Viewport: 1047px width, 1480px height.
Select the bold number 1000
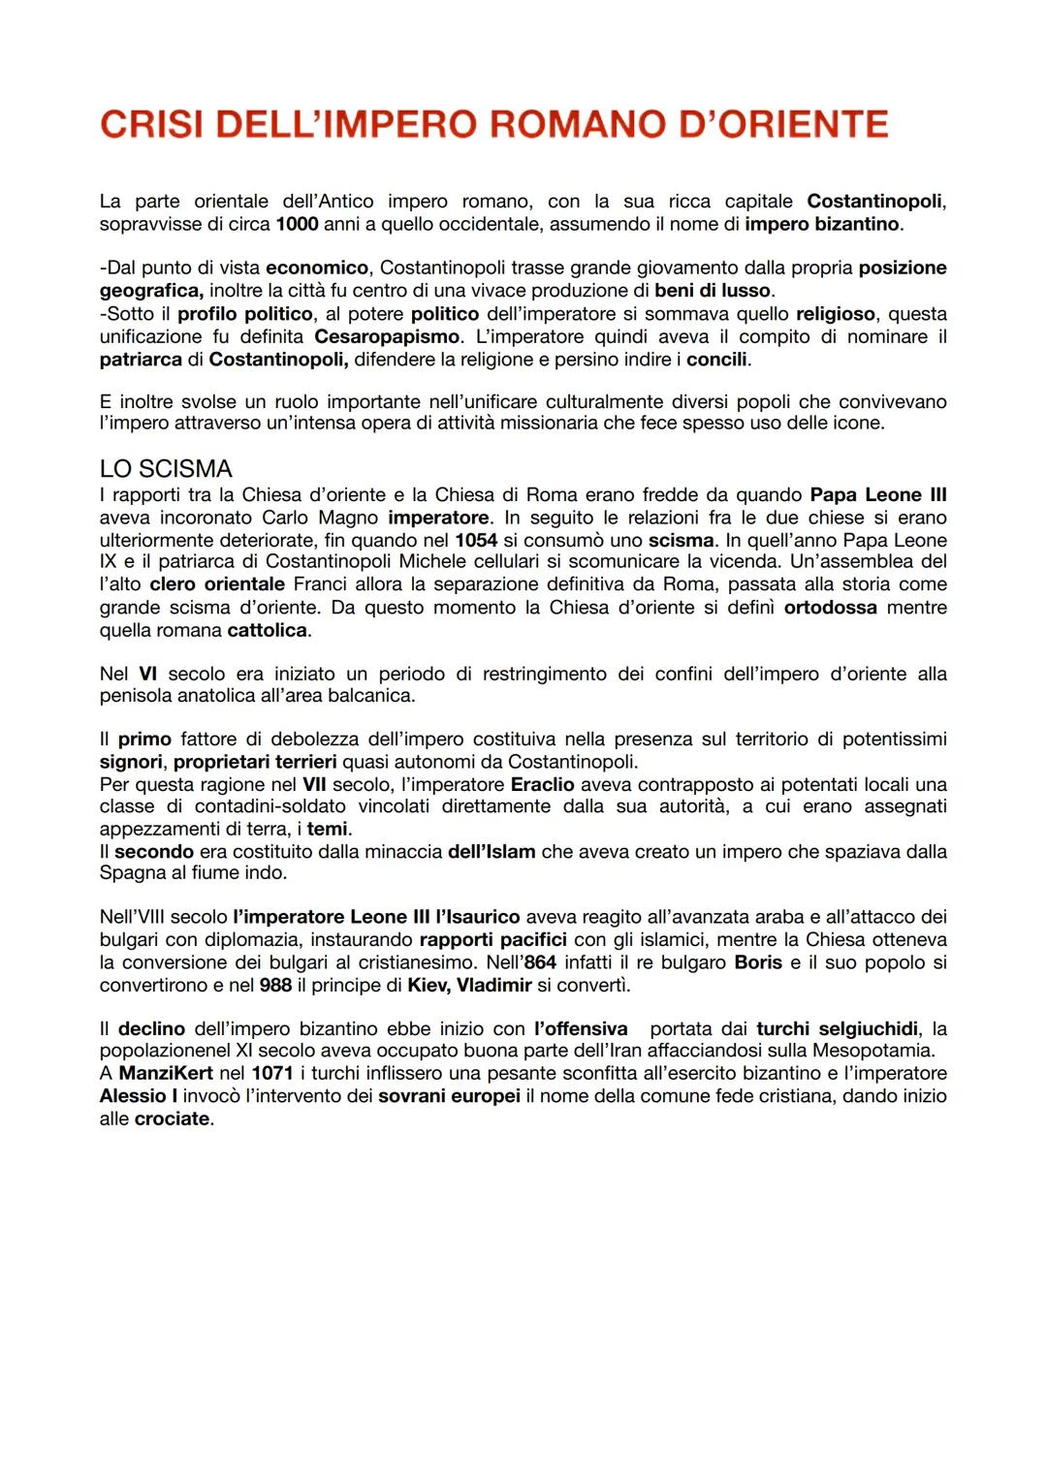(297, 224)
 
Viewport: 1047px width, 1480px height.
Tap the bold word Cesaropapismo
(387, 336)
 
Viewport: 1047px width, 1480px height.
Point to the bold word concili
(717, 360)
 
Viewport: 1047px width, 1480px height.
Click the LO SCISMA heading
(166, 469)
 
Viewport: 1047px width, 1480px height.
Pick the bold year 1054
(476, 540)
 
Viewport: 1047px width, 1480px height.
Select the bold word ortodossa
(830, 608)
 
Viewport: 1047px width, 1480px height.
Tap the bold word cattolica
(268, 630)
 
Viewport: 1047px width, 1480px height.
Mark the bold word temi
(328, 829)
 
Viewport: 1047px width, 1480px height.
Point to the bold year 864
(540, 962)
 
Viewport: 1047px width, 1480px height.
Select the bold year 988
(275, 986)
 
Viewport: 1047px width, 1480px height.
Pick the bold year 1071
(272, 1073)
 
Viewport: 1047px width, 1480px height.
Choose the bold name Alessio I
(139, 1096)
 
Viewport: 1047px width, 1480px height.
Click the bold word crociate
(172, 1118)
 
